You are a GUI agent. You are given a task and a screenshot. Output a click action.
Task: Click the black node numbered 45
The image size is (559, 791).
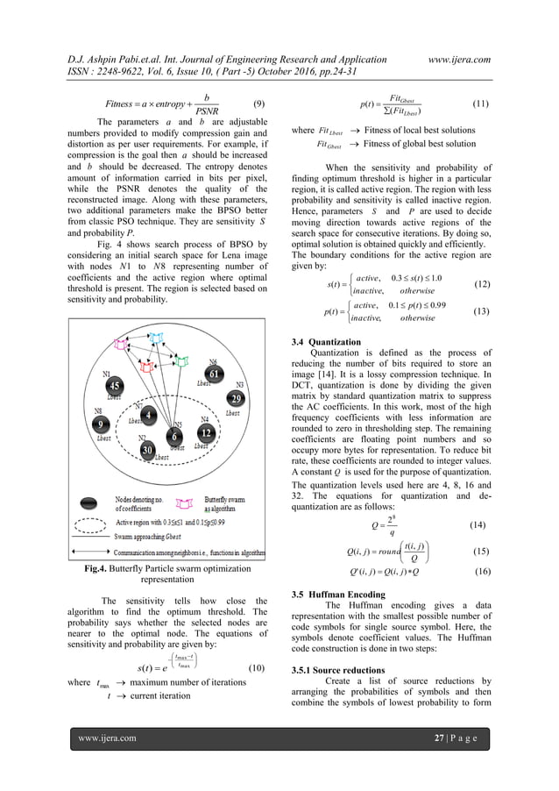tap(114, 386)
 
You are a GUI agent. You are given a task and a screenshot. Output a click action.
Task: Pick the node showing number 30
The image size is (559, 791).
tap(148, 451)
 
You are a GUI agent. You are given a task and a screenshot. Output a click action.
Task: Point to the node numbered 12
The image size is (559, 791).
tap(205, 433)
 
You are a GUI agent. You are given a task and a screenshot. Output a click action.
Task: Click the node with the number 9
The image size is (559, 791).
tap(101, 425)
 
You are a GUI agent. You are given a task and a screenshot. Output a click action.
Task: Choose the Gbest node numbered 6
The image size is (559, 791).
tap(175, 436)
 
